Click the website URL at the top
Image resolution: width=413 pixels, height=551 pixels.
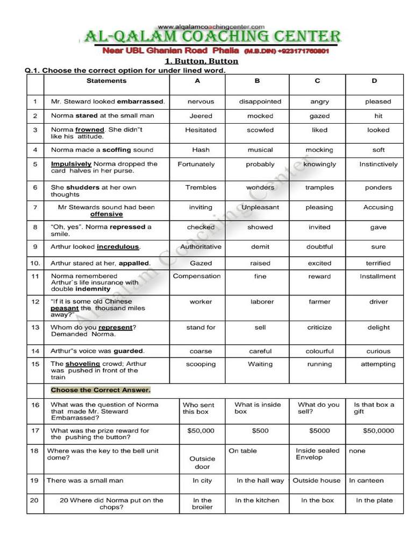coord(211,26)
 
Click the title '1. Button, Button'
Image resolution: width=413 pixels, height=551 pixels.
coord(201,61)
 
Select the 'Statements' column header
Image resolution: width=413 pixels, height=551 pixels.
coord(106,81)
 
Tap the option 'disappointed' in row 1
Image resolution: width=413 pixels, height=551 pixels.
coord(260,101)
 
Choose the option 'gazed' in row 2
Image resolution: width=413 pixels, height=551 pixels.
coord(319,116)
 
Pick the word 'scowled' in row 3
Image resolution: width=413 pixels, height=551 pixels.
coord(260,130)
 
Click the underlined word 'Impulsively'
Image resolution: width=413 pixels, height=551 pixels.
coord(72,164)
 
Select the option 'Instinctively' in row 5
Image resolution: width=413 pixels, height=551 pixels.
coord(379,164)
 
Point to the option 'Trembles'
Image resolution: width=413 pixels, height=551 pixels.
coord(201,187)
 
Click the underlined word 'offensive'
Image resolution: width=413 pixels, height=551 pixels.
coord(106,214)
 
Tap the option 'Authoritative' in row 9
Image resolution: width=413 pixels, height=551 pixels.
coord(201,246)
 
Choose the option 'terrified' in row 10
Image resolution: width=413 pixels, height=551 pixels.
coord(378,263)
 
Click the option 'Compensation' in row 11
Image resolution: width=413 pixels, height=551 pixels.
coord(197,276)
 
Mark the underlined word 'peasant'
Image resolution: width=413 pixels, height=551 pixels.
coord(65,308)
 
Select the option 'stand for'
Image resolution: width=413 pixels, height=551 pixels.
coord(201,327)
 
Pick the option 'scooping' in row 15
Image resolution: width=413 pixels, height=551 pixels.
coord(201,364)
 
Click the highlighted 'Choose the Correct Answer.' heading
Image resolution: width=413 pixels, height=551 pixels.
coord(101,390)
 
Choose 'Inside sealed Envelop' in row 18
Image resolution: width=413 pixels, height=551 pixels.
coord(317,454)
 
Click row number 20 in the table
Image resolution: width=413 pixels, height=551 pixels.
coord(34,500)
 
